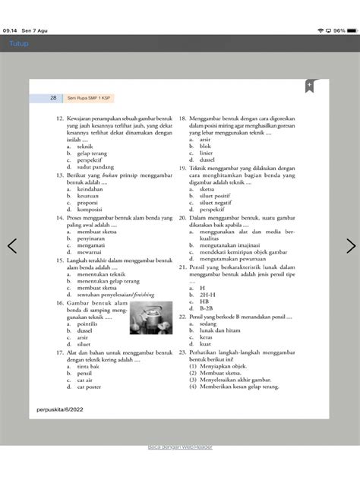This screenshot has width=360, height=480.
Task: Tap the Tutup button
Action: [17, 44]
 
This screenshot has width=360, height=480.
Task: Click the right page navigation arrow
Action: [350, 246]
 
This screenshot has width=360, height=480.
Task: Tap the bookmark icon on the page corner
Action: [310, 86]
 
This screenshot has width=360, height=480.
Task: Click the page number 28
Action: [53, 98]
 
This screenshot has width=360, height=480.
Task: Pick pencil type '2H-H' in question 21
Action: [207, 295]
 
